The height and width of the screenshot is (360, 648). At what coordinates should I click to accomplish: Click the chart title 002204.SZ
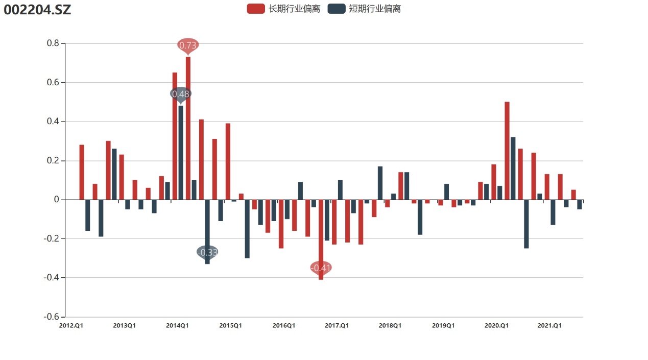point(37,9)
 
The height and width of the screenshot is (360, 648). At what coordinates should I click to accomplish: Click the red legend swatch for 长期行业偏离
point(255,9)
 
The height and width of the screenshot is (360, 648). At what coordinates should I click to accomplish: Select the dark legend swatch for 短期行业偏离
point(336,9)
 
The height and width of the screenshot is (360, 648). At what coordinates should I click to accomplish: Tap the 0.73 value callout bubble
point(188,45)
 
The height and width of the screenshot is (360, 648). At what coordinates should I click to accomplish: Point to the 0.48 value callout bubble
point(181,94)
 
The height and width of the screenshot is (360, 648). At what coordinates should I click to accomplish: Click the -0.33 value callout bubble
point(207,252)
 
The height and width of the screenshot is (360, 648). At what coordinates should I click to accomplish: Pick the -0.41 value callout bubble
point(321,268)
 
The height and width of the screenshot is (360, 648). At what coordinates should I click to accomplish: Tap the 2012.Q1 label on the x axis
point(71,325)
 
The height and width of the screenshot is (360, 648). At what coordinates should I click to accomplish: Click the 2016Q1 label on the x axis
point(284,325)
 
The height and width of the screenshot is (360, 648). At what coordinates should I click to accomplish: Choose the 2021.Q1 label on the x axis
point(550,325)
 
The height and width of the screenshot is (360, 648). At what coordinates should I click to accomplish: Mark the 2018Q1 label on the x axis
point(390,325)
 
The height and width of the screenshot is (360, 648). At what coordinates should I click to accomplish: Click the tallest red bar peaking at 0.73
point(188,128)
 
